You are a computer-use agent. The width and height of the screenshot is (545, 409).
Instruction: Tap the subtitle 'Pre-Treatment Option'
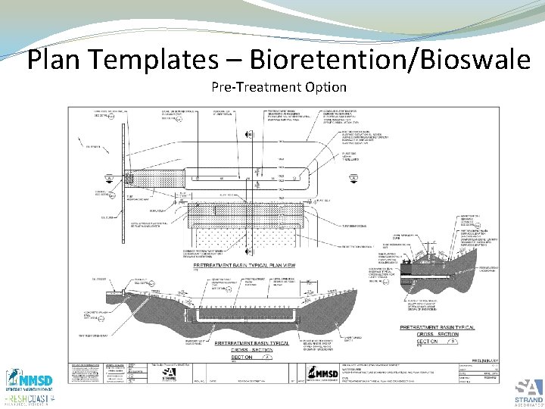(279, 87)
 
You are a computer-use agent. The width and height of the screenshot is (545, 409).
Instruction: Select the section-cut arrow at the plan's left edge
(111, 180)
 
